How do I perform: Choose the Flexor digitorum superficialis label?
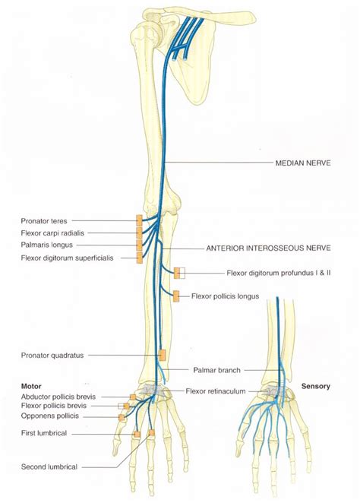tap(68, 258)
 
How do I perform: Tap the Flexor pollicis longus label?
tap(226, 296)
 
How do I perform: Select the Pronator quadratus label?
tap(52, 355)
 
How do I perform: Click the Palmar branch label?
tap(216, 370)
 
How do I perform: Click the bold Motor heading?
tap(34, 386)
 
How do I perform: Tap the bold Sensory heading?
tap(315, 387)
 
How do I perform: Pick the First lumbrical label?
tap(45, 433)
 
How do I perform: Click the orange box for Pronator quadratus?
tap(163, 355)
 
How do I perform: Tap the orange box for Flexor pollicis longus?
tap(176, 296)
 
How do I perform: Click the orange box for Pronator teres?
tap(139, 220)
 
